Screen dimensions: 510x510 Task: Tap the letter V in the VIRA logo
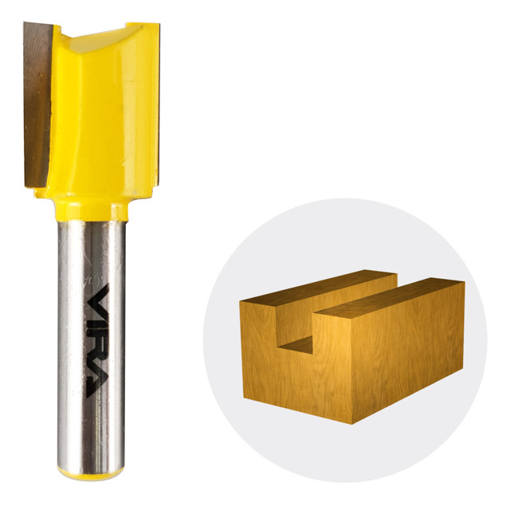(x=98, y=299)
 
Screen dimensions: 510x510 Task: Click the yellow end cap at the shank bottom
(x=91, y=474)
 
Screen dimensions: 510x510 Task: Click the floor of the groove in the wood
(x=297, y=345)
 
